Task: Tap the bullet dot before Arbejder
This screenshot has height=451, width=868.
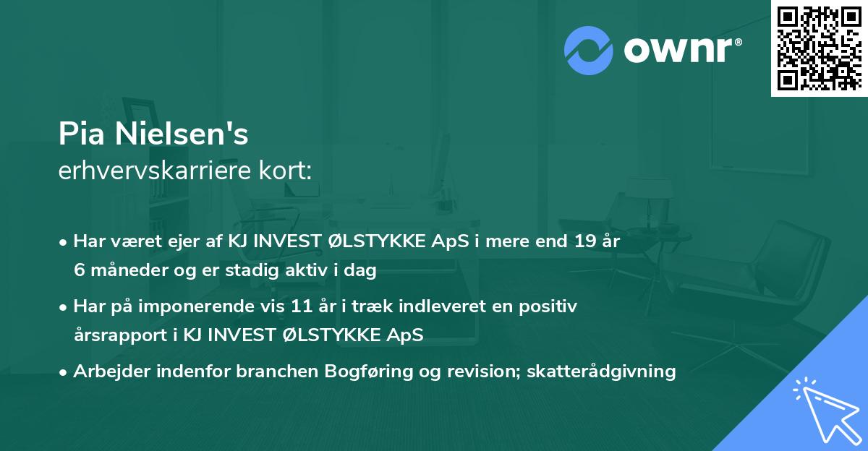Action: (x=64, y=372)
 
